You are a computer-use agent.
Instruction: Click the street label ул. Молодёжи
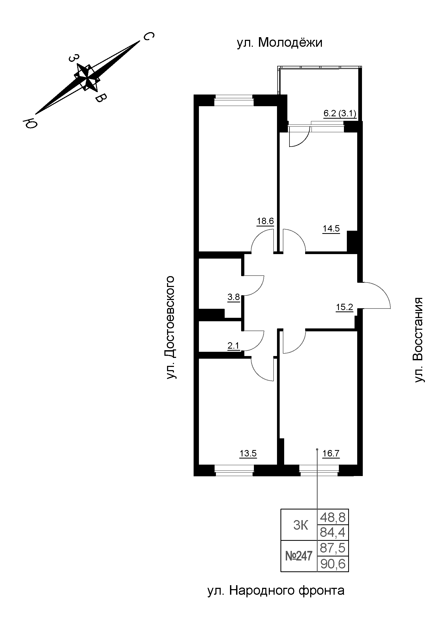(280, 43)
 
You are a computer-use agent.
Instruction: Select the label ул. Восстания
(419, 340)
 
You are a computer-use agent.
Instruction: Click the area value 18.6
(265, 221)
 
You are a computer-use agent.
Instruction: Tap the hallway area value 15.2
(345, 307)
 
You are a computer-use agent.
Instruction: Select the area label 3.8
(234, 297)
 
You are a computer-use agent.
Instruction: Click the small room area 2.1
(234, 345)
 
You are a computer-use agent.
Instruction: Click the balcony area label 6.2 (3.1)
(340, 113)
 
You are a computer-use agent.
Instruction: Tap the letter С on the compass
(148, 36)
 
